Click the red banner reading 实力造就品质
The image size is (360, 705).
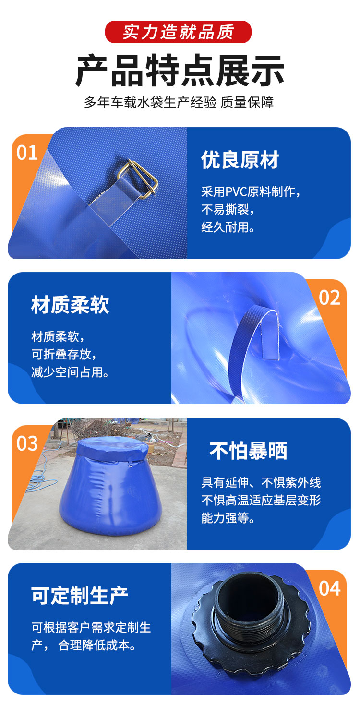tap(178, 32)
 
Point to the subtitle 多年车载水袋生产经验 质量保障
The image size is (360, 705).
tap(179, 102)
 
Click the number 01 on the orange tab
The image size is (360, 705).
tap(27, 153)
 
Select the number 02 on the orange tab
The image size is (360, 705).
tap(329, 298)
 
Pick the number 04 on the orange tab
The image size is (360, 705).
tap(329, 588)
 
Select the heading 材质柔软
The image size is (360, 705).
tap(70, 304)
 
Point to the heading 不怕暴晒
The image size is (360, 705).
tap(248, 450)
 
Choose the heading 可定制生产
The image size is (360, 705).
tap(80, 595)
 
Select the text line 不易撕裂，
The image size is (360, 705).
tap(228, 209)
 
